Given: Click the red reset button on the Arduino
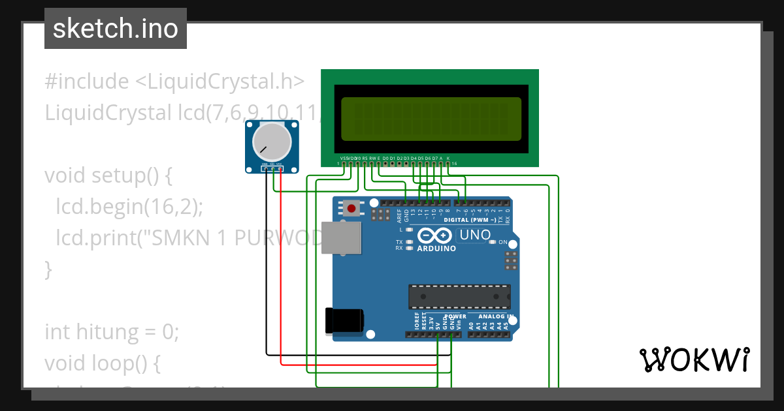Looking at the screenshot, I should [352, 209].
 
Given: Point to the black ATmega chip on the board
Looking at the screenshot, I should [459, 296].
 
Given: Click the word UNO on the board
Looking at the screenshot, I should [475, 235].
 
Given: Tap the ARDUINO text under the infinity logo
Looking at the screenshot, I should [436, 248].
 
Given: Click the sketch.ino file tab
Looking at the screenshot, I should [116, 29].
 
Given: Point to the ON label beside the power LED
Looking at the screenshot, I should [503, 242].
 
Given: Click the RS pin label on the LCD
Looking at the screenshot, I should [365, 158].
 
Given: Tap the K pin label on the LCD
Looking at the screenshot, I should [448, 158].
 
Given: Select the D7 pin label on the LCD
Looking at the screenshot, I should [434, 158].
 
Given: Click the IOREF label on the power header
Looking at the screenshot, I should [417, 320].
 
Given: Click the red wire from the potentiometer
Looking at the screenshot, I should [281, 274].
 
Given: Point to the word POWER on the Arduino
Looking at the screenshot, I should [455, 316].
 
